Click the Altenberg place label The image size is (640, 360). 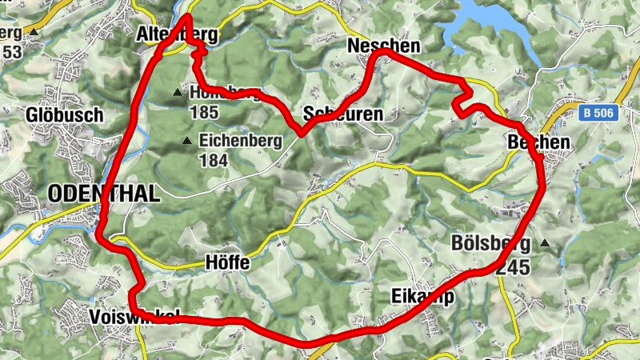point(177,34)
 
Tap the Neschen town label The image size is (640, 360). point(383,47)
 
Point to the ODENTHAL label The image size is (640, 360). point(104,193)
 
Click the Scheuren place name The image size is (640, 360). point(342,114)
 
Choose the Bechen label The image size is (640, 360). point(538,142)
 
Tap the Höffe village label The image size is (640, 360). point(227,262)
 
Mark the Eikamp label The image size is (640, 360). point(423,297)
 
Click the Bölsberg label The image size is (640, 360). point(490,242)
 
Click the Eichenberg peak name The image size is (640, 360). point(240,142)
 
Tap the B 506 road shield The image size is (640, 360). point(598,114)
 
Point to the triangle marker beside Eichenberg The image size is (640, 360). point(187,142)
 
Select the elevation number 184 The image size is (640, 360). point(215,161)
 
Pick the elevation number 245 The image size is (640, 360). point(512,267)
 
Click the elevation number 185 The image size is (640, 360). point(205,112)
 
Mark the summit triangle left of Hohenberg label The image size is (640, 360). point(178,93)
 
